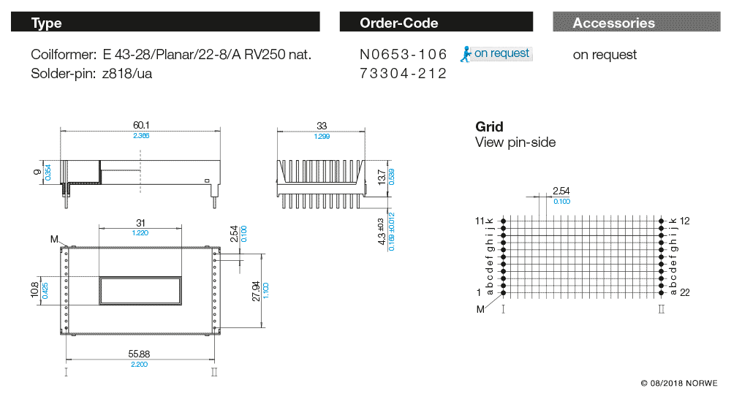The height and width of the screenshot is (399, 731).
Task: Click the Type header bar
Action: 165,23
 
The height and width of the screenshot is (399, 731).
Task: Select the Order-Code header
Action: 439,23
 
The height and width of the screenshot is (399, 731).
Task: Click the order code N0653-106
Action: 402,55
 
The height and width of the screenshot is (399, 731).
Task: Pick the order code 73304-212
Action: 402,74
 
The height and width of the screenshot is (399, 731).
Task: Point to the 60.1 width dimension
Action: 140,125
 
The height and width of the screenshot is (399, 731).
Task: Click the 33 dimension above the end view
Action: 320,125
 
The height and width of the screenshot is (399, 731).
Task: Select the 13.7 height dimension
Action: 380,177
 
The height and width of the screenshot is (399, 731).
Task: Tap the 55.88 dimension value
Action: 140,353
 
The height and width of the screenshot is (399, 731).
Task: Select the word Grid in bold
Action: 489,126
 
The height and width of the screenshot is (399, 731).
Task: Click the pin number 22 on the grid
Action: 685,292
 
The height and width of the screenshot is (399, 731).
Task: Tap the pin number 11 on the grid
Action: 480,221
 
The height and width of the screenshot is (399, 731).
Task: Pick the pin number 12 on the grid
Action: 685,221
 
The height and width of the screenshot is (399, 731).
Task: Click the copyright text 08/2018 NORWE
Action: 679,383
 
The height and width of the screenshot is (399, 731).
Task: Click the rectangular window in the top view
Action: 140,291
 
